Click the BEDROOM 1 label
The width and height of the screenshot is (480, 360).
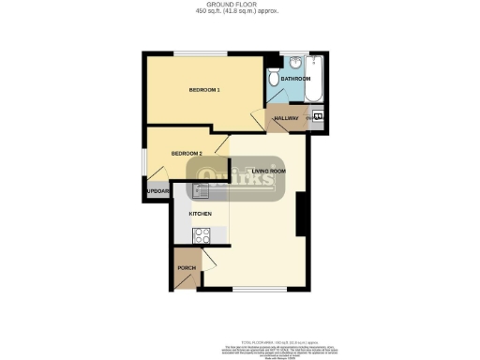click(x=204, y=90)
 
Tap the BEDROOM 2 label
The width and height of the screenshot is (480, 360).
click(x=186, y=152)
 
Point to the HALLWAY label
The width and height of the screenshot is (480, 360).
click(x=286, y=118)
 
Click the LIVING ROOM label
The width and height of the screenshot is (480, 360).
click(x=269, y=171)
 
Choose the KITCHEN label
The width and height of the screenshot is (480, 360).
click(x=201, y=214)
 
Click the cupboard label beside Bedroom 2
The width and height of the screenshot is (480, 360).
click(x=157, y=192)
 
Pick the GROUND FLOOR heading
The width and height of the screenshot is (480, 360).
click(x=239, y=5)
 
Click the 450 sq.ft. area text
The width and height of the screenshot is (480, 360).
click(x=239, y=11)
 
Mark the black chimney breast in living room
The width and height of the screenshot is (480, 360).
click(x=301, y=216)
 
